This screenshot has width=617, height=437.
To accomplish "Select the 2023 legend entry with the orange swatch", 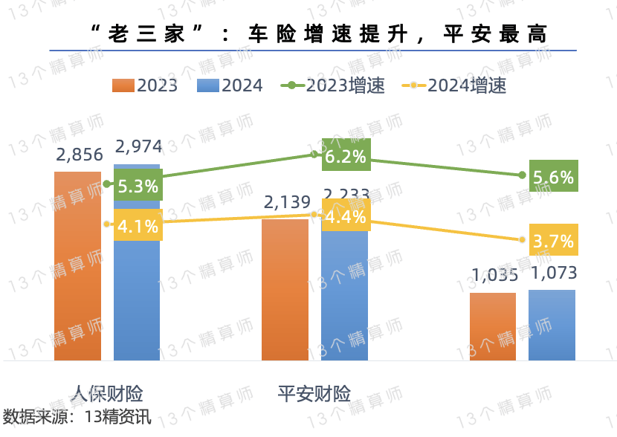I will (x=145, y=85).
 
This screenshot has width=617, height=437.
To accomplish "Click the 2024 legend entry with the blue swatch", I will (x=230, y=85).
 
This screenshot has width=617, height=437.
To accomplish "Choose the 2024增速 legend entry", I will (x=453, y=85).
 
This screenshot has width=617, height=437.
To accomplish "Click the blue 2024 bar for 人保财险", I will (x=137, y=297).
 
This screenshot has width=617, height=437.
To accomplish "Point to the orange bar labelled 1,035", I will (x=492, y=327).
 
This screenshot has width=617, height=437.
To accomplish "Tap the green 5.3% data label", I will (x=138, y=186).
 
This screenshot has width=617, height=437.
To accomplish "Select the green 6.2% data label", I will (x=346, y=157).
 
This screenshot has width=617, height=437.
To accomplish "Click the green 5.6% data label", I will (x=553, y=178).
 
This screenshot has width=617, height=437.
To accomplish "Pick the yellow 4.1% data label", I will (x=138, y=225).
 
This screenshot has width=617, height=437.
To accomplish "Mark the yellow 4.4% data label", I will (x=346, y=217).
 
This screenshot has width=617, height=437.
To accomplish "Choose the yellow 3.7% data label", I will (x=553, y=241).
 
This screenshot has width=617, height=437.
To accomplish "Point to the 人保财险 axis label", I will (x=107, y=393).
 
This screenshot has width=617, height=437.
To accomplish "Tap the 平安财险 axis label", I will (x=314, y=393).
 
